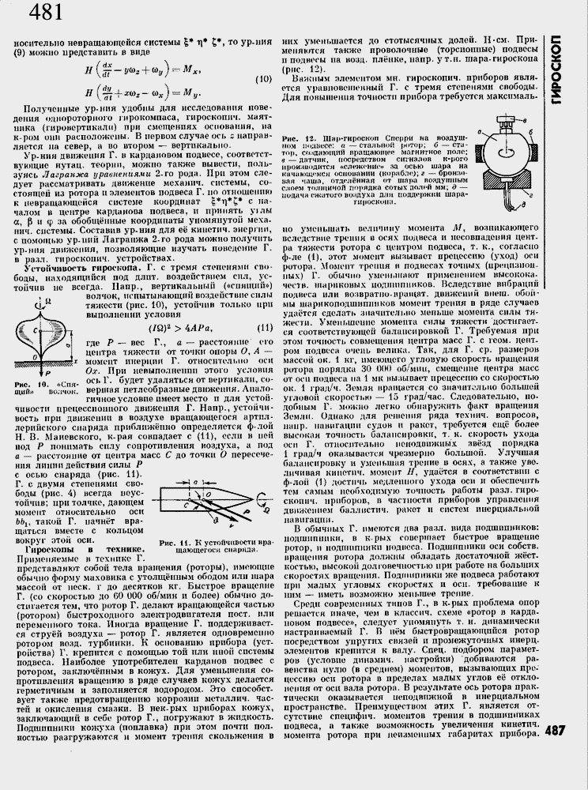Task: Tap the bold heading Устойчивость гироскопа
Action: click(x=76, y=269)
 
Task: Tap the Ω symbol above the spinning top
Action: click(x=49, y=301)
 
